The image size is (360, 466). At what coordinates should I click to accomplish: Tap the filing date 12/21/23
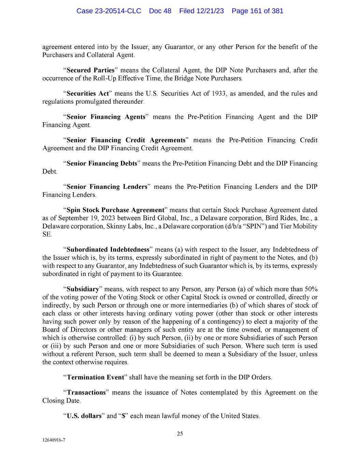click(x=210, y=11)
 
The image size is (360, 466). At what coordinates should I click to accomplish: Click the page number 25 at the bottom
click(x=180, y=434)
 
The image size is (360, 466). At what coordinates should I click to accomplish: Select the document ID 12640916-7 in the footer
click(x=54, y=440)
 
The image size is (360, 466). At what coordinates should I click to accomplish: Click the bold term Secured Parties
click(x=90, y=70)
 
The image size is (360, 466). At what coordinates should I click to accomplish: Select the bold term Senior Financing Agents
click(x=106, y=117)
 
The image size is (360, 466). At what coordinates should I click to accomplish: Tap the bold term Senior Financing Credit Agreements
click(x=126, y=140)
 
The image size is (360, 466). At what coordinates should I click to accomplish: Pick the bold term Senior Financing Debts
click(x=102, y=164)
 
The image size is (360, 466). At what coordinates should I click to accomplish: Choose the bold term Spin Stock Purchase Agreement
click(x=115, y=210)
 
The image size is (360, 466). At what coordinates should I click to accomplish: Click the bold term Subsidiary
click(x=83, y=289)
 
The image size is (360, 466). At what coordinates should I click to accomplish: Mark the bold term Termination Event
click(x=95, y=377)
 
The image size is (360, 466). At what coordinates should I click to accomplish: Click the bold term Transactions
click(x=86, y=393)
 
